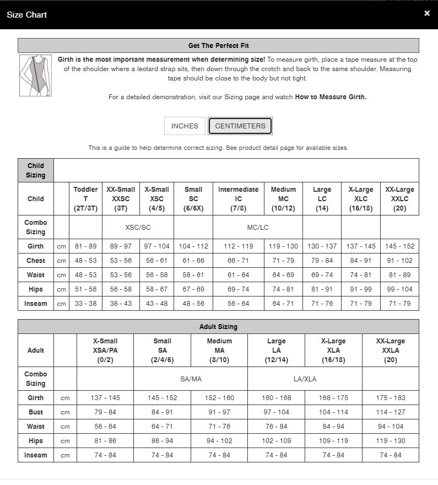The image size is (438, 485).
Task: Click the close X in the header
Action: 427,14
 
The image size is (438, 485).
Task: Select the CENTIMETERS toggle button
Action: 240,126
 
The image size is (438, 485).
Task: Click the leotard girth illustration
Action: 36,76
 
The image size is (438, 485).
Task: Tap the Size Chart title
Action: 26,15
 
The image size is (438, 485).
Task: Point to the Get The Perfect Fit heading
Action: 218,46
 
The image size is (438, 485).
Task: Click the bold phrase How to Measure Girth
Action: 331,97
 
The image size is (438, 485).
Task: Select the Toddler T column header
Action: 85,198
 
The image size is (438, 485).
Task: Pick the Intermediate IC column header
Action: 238,198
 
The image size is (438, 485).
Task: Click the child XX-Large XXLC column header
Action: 399,198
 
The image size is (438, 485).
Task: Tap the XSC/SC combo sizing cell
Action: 138,228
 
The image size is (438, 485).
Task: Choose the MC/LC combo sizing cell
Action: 257,228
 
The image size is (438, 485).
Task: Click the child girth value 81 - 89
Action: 85,246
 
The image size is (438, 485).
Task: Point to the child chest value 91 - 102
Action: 399,261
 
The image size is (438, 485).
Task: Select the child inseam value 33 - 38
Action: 85,304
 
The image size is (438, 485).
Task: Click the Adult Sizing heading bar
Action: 218,327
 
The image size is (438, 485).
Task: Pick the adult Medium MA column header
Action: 219,350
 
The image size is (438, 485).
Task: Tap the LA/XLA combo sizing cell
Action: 305,379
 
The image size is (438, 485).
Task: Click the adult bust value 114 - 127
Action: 390,412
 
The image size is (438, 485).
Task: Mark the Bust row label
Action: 36,412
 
